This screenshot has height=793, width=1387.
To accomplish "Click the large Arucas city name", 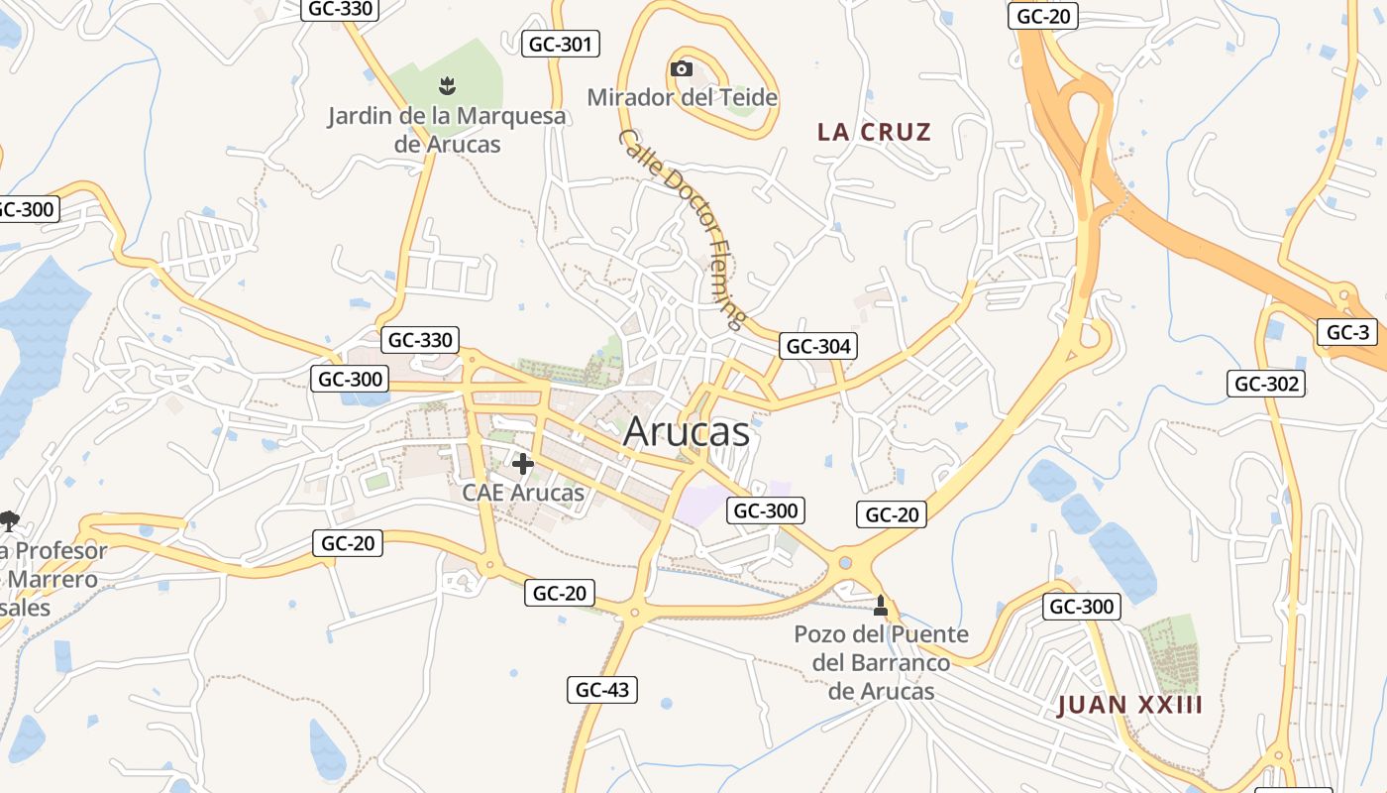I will [x=687, y=432].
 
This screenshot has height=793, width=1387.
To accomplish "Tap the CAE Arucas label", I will [x=523, y=492].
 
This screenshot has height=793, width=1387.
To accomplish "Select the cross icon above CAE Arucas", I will [x=523, y=463].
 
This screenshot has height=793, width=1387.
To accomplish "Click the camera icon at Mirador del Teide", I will [x=682, y=68].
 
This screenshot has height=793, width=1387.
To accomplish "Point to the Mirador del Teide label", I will [x=683, y=97].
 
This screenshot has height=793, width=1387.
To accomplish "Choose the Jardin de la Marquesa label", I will [x=448, y=129].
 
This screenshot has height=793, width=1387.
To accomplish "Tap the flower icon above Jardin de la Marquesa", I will [x=448, y=85].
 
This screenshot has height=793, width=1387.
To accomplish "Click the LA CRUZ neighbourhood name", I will [x=875, y=132].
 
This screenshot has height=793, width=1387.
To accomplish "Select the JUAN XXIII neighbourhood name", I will [x=1130, y=705].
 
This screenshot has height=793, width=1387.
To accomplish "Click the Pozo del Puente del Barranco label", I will [x=881, y=661].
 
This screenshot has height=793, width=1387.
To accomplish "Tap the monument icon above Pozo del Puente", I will [x=881, y=605].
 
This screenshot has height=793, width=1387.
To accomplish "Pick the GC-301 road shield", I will [x=562, y=44].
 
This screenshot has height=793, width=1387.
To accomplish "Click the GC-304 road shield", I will [x=818, y=346].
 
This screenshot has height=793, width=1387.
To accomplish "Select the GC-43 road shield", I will [x=602, y=690].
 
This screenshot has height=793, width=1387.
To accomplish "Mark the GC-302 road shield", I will [x=1266, y=384].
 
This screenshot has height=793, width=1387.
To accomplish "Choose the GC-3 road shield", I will [x=1347, y=332].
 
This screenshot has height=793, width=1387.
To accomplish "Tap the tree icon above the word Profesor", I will [x=10, y=520].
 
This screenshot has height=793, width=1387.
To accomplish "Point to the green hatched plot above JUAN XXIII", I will [x=1169, y=653].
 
